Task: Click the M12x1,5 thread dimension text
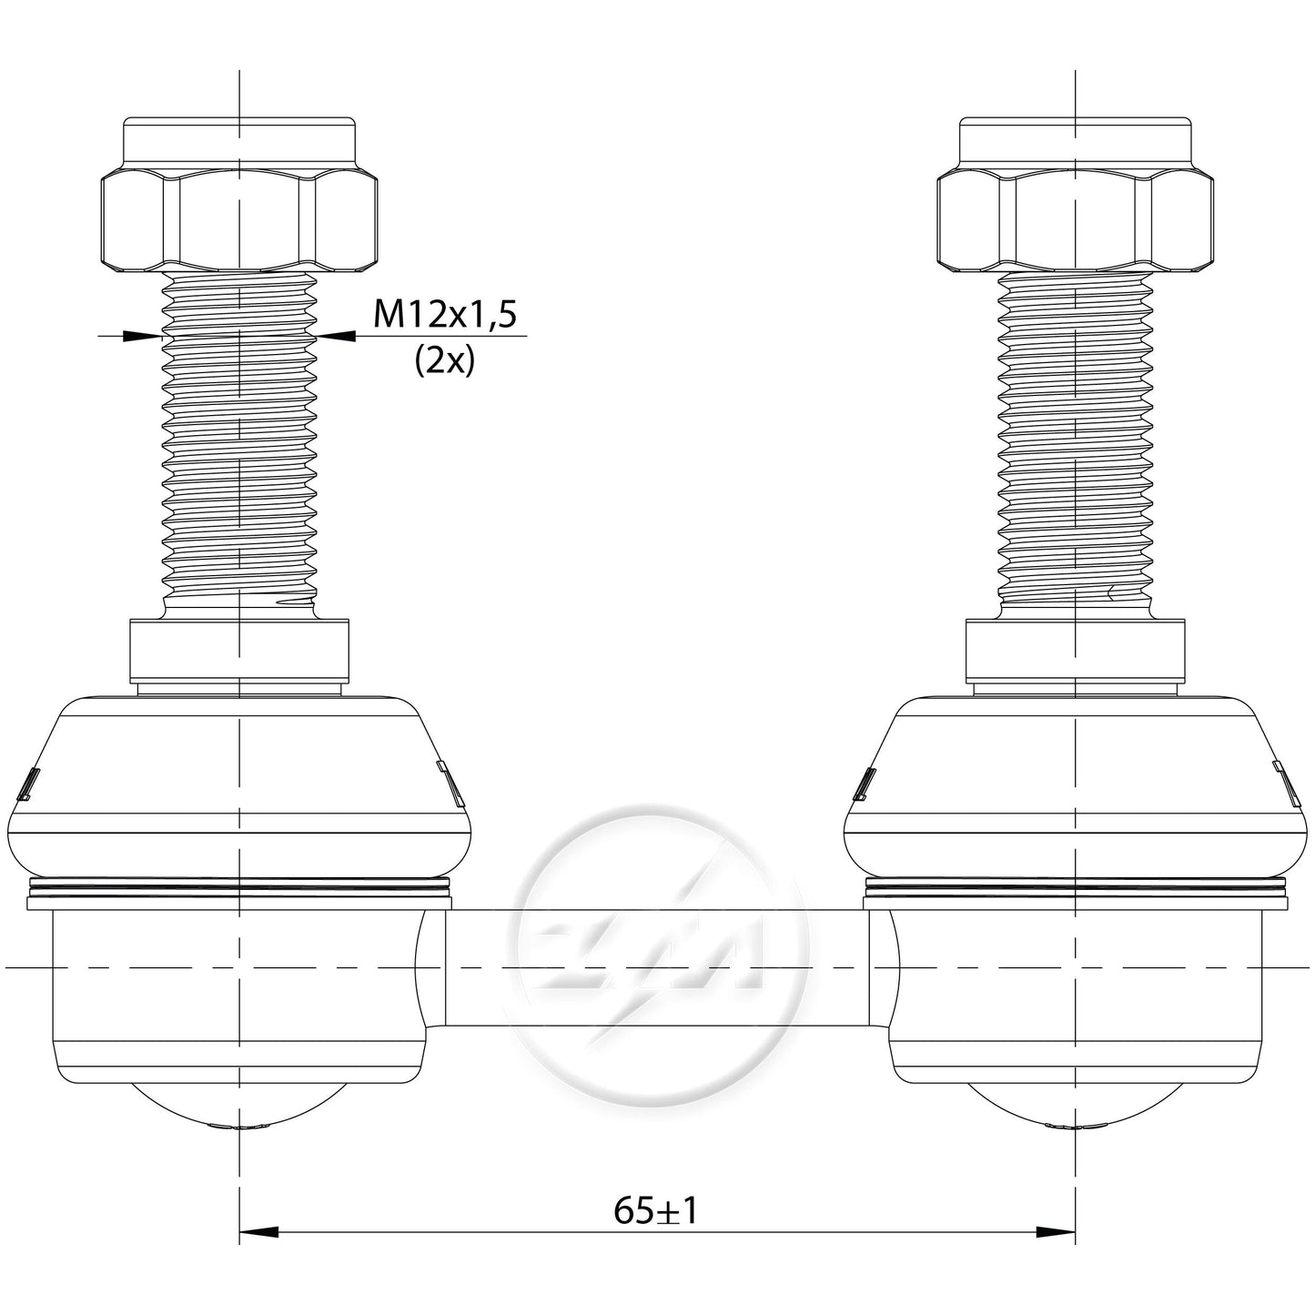[444, 315]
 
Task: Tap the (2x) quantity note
[444, 361]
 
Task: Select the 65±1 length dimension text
[656, 1210]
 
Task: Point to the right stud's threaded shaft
[1076, 443]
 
